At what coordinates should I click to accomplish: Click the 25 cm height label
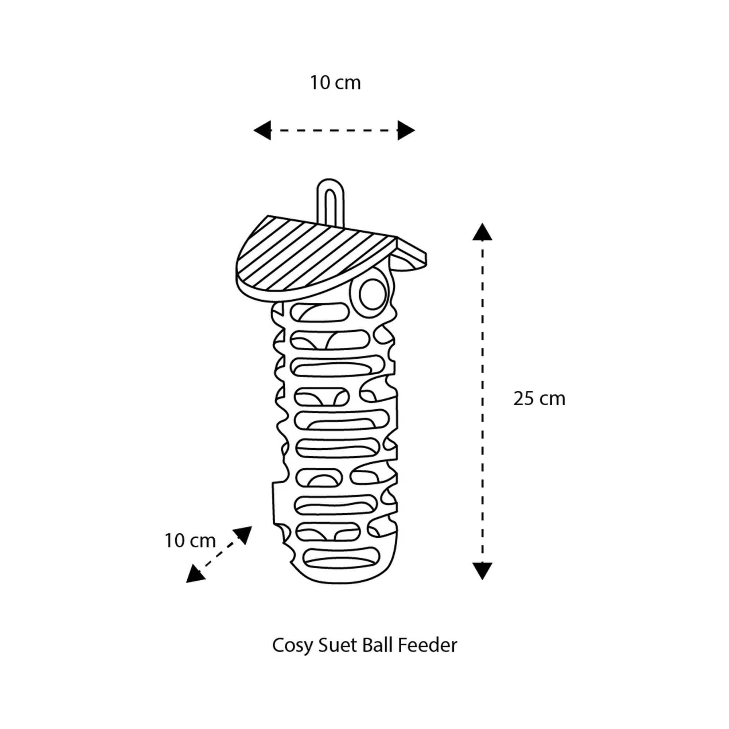click(x=539, y=399)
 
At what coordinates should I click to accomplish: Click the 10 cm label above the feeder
click(x=335, y=83)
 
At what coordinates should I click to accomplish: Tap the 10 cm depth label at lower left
click(x=190, y=541)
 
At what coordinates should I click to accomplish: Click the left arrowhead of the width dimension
click(x=262, y=130)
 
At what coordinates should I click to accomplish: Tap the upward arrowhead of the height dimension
click(x=482, y=232)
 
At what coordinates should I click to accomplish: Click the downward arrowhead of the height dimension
click(x=482, y=571)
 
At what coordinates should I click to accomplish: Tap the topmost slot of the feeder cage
click(x=320, y=312)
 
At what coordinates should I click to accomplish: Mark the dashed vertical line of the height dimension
click(x=482, y=401)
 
